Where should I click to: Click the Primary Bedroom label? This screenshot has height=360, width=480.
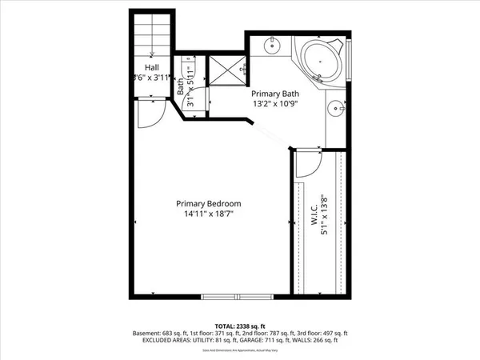[208, 203]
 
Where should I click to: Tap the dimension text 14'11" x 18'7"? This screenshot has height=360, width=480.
[208, 214]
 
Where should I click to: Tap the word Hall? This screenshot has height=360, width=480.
[150, 67]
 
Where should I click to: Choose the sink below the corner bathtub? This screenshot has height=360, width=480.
[338, 106]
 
